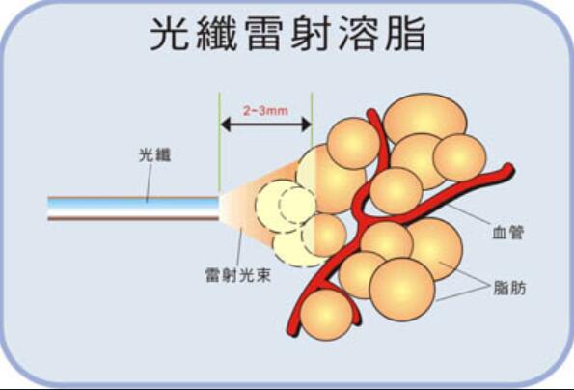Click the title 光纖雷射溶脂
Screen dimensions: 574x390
[287, 34]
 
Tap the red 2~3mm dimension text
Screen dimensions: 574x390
[265, 111]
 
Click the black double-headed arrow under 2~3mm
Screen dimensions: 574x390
[265, 125]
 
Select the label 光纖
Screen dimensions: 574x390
[154, 155]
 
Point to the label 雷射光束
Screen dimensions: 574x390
[238, 275]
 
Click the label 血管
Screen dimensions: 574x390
[508, 233]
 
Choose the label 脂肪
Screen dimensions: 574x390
[509, 288]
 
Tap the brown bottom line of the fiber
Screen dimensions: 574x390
[133, 218]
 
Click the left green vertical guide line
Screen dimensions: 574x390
[220, 142]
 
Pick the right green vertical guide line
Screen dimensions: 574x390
[312, 121]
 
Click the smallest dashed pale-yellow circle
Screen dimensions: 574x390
[297, 205]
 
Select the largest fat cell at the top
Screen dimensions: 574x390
[425, 120]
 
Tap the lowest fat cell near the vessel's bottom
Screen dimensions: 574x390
[327, 314]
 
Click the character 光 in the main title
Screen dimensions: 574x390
[169, 34]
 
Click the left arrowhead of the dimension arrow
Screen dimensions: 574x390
[225, 125]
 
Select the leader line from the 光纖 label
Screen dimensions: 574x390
[149, 183]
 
